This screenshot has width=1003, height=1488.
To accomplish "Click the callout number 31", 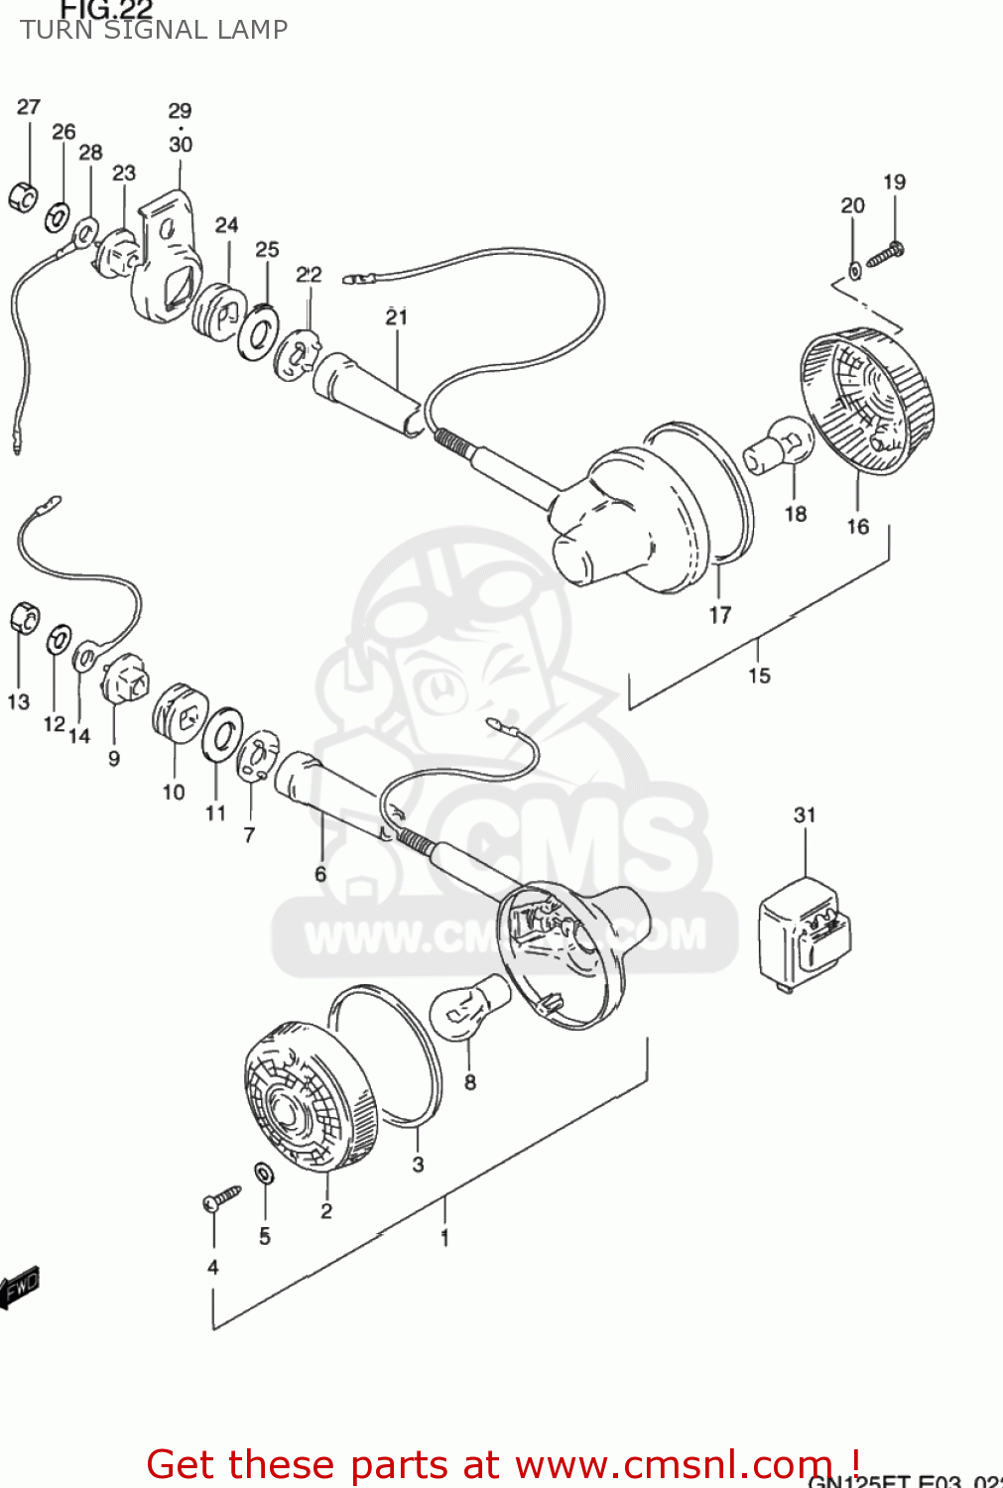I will (x=805, y=814).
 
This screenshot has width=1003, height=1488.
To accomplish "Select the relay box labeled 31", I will (x=804, y=933).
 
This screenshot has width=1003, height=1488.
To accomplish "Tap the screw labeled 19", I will (x=884, y=255).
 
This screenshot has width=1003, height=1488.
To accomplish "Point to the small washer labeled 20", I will (x=854, y=269).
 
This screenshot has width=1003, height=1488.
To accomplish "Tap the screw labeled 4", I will (x=221, y=1197).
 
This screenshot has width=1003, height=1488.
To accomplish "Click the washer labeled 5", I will (x=264, y=1174).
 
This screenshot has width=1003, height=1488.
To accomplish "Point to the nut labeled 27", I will (x=22, y=196).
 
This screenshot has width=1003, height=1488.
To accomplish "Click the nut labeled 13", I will (x=24, y=618).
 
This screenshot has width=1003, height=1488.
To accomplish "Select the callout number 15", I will (x=759, y=676).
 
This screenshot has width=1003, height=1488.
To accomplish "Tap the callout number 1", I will (x=444, y=1237).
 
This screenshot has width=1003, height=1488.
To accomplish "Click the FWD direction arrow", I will (x=20, y=1288).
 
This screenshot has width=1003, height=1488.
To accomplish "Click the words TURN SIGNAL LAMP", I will (x=154, y=30).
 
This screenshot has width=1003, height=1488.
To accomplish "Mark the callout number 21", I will (x=397, y=316).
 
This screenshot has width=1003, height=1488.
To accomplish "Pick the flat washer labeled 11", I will (x=222, y=735).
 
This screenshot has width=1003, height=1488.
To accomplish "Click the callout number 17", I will (x=720, y=615).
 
